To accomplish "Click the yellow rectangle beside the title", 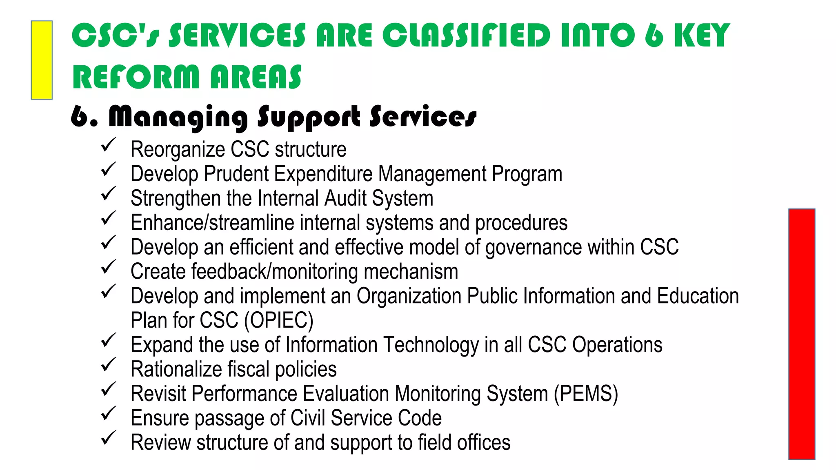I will click(42, 60).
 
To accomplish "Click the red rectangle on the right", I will click(802, 334).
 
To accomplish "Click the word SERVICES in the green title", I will click(237, 35).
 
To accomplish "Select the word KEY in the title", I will click(702, 35).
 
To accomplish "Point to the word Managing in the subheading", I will click(178, 117).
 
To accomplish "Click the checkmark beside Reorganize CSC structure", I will click(109, 145).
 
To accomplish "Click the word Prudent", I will click(236, 174).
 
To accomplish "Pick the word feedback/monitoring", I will click(274, 272).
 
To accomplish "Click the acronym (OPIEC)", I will click(279, 320).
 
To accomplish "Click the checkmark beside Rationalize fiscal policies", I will click(109, 365).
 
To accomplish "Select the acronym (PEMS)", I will click(586, 394).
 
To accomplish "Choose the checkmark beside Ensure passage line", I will click(109, 414).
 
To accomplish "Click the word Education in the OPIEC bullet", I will click(698, 296).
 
